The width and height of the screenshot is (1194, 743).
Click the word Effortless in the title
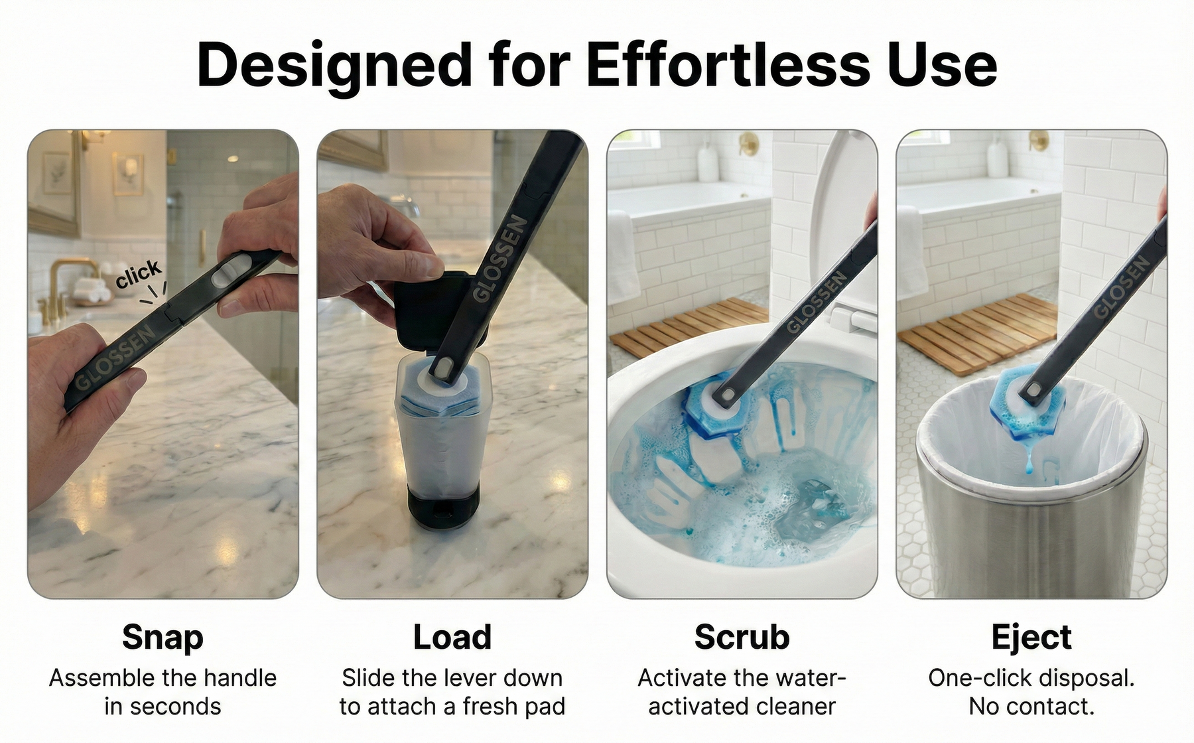coord(728,64)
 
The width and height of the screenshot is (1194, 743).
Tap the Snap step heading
coord(163,638)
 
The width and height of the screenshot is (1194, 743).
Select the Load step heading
coord(452,637)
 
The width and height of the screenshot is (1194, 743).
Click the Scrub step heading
coord(742,637)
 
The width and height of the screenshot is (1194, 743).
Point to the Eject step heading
coord(1031,638)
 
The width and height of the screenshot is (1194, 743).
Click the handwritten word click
coord(137,274)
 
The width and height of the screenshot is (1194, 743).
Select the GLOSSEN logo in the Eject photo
coord(1120,287)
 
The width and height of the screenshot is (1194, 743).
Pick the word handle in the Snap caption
coord(239,678)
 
